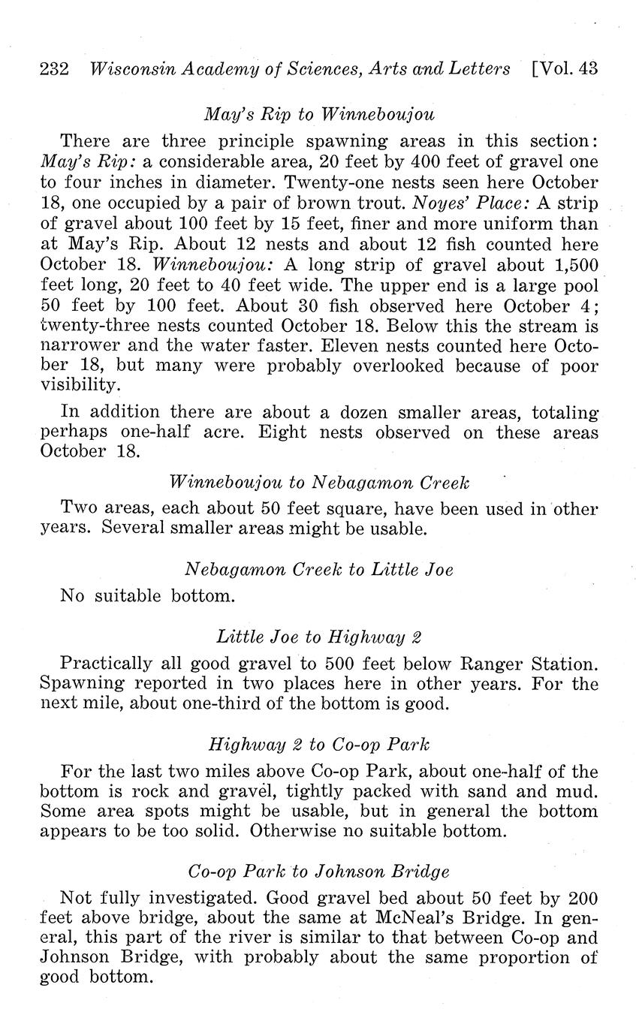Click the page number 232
[54, 69]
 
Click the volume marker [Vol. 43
[564, 69]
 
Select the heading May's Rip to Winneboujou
[319, 115]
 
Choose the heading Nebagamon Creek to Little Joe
[319, 569]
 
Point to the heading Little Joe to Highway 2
[319, 637]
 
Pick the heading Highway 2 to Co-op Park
[319, 745]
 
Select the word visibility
[79, 386]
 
